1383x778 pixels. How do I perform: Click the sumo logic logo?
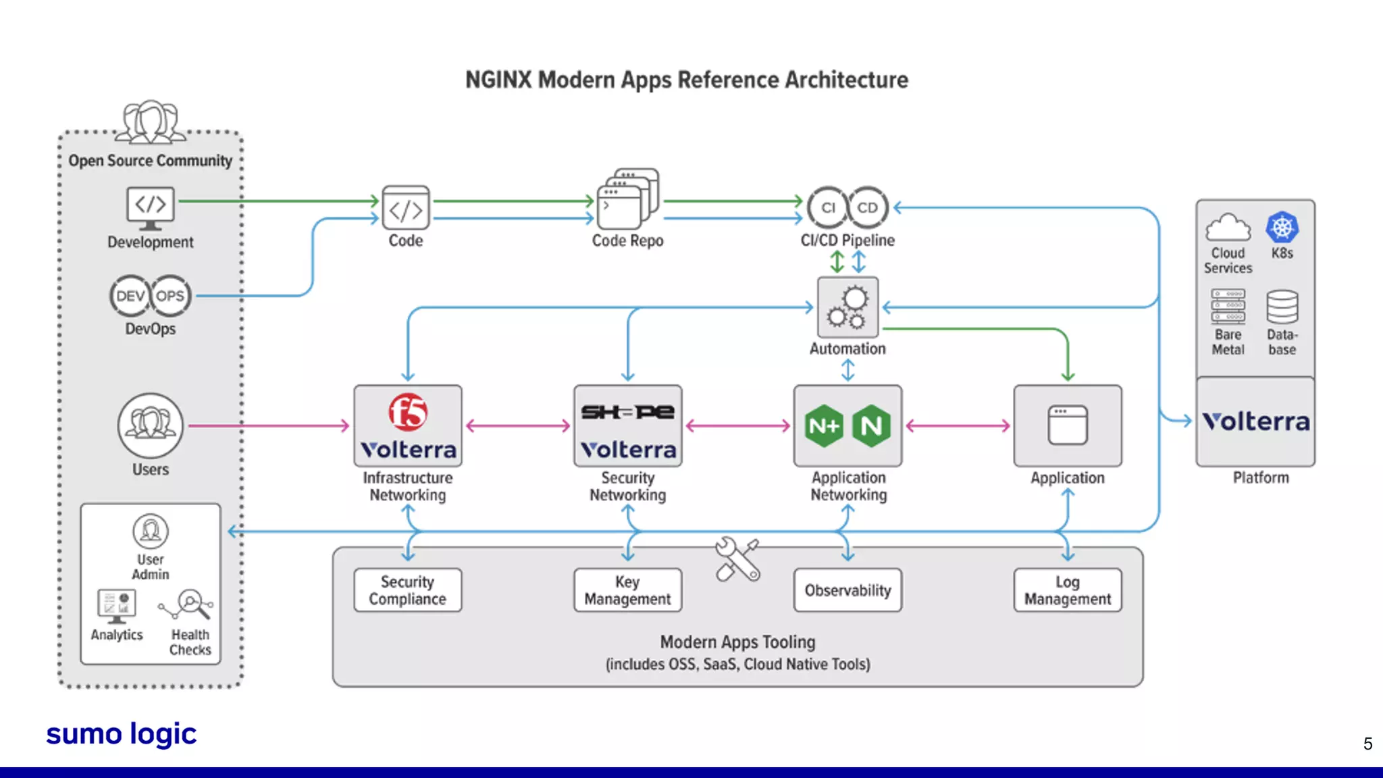(122, 734)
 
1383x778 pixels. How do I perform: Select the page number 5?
(1367, 744)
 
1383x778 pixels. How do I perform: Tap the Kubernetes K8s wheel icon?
(1282, 228)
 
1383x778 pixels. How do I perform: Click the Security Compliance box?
(408, 590)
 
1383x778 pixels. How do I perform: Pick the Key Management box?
(627, 590)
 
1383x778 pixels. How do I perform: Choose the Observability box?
(847, 590)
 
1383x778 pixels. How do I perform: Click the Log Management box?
(1067, 590)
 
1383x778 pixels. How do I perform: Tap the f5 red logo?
(408, 412)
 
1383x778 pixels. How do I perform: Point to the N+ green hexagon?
(824, 426)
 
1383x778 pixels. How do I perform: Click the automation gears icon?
(847, 307)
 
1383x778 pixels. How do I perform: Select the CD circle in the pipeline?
(867, 207)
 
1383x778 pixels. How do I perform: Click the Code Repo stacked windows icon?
(627, 199)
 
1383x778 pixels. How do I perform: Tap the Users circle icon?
(150, 425)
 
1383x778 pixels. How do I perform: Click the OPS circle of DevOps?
(170, 296)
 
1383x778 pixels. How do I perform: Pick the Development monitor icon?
(150, 207)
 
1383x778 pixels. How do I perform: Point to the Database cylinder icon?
(1282, 307)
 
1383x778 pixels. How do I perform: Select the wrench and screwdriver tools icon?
(737, 559)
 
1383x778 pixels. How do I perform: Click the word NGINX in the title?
(498, 80)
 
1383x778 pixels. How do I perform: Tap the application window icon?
(1067, 425)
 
